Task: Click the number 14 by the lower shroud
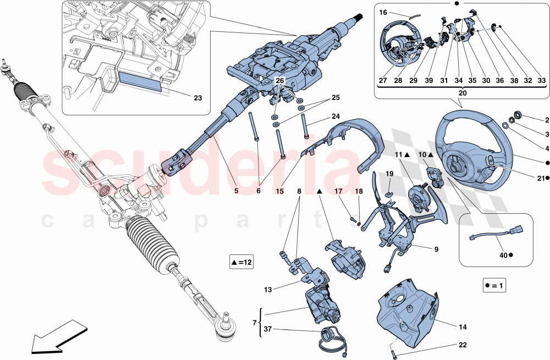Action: click(x=463, y=326)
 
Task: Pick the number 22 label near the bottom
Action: click(x=463, y=345)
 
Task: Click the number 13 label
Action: click(x=268, y=289)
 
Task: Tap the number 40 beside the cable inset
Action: click(x=502, y=255)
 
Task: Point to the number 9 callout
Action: click(x=436, y=250)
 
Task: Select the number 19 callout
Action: click(x=389, y=174)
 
